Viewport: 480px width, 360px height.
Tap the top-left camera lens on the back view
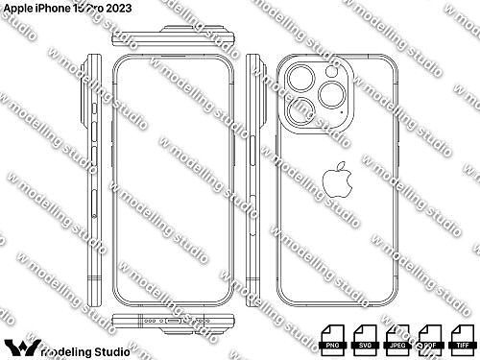(x=295, y=80)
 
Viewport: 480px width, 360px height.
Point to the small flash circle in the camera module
(x=325, y=71)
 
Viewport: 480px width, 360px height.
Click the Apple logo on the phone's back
(x=335, y=180)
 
